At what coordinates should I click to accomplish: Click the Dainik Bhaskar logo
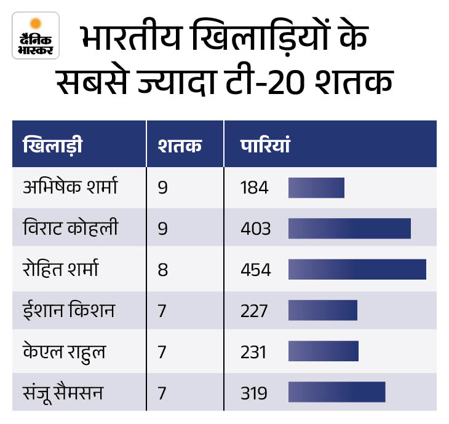36,36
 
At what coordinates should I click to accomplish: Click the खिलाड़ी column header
52,147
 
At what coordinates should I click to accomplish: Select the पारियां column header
265,147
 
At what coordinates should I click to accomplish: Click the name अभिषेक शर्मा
68,187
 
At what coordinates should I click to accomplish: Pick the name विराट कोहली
68,229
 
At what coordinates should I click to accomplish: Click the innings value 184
255,188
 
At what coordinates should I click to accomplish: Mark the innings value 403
256,229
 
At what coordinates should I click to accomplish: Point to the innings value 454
256,270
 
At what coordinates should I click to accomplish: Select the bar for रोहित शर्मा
357,270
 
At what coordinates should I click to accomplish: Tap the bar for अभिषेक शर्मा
316,188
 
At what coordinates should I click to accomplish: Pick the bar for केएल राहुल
323,352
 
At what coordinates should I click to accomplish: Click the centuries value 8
163,270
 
